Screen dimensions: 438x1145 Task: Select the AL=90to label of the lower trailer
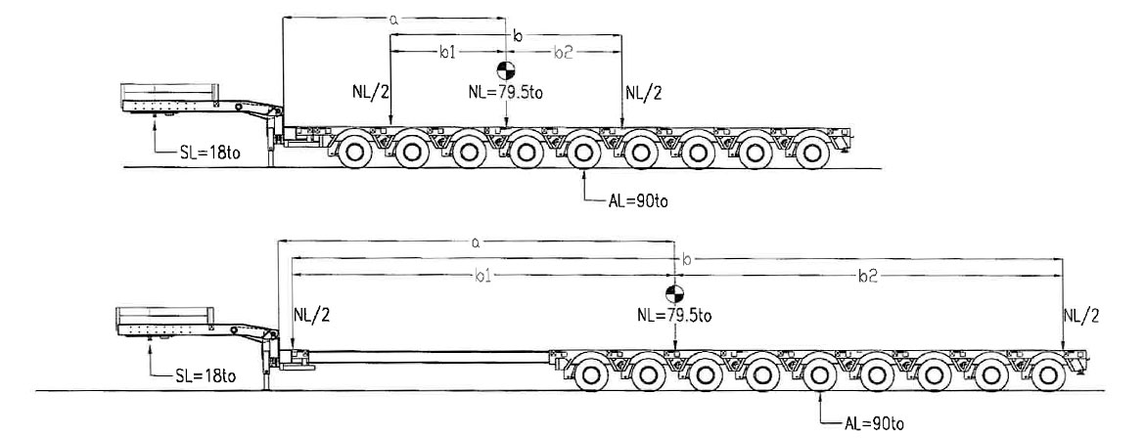coord(873,422)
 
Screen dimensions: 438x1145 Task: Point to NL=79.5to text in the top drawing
coord(506,93)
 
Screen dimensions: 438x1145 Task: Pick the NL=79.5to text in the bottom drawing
coord(674,315)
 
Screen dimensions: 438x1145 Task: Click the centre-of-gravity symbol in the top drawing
coord(506,69)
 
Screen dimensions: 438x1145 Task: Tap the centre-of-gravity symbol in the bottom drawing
coord(674,294)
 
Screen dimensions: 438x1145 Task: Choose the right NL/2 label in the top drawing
coord(644,93)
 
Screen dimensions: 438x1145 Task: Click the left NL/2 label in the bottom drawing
coord(312,315)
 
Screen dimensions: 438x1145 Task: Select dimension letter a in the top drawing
coord(392,17)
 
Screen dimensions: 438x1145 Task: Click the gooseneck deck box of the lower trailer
coord(161,319)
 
